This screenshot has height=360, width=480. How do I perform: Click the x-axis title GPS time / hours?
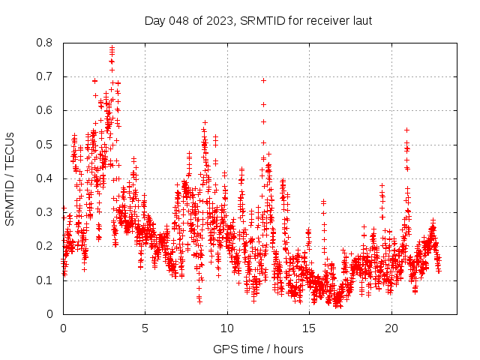(x=258, y=349)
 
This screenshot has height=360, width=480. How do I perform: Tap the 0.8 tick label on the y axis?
(x=46, y=43)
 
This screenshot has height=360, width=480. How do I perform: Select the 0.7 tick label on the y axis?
(x=46, y=76)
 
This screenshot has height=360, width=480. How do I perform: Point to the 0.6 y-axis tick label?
(x=46, y=110)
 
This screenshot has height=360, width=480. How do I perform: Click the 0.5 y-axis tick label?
(x=46, y=145)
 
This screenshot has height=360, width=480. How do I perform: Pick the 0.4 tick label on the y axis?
(x=46, y=178)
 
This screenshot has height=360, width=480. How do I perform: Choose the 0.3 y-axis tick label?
(x=46, y=212)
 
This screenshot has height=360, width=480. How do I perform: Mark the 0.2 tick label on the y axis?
(x=46, y=246)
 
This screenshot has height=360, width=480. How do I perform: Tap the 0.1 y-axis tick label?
(x=46, y=280)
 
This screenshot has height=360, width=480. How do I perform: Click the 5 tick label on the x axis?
(x=145, y=328)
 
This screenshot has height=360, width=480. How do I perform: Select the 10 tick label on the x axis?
(x=227, y=328)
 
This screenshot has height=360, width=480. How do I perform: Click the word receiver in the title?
(x=318, y=20)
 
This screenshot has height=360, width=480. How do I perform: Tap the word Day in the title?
(x=154, y=20)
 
